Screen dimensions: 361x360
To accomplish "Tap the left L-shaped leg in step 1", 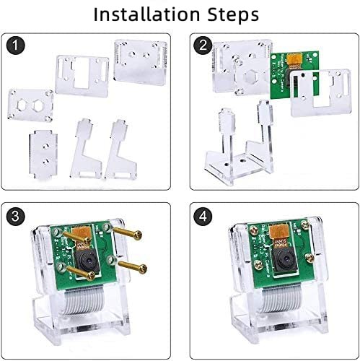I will pyautogui.click(x=85, y=149).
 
